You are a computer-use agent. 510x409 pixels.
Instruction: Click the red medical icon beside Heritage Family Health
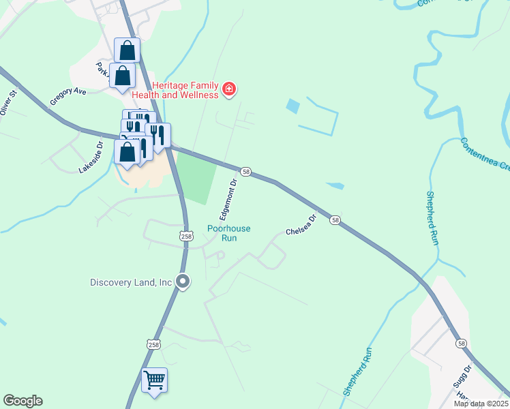(x=229, y=89)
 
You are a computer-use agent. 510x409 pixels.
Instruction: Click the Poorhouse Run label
(x=229, y=234)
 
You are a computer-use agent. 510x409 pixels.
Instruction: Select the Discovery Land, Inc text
(x=131, y=282)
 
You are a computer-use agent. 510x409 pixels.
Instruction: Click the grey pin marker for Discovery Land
(x=182, y=281)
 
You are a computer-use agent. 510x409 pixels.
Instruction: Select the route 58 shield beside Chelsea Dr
(x=335, y=220)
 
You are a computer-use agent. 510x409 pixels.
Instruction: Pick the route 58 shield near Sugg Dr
(x=462, y=344)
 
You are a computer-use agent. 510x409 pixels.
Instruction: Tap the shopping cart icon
(x=154, y=379)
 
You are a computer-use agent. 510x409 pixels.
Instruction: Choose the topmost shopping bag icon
(x=127, y=50)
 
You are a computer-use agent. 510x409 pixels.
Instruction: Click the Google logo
(x=22, y=401)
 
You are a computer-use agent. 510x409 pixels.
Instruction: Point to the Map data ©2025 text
(x=481, y=404)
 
